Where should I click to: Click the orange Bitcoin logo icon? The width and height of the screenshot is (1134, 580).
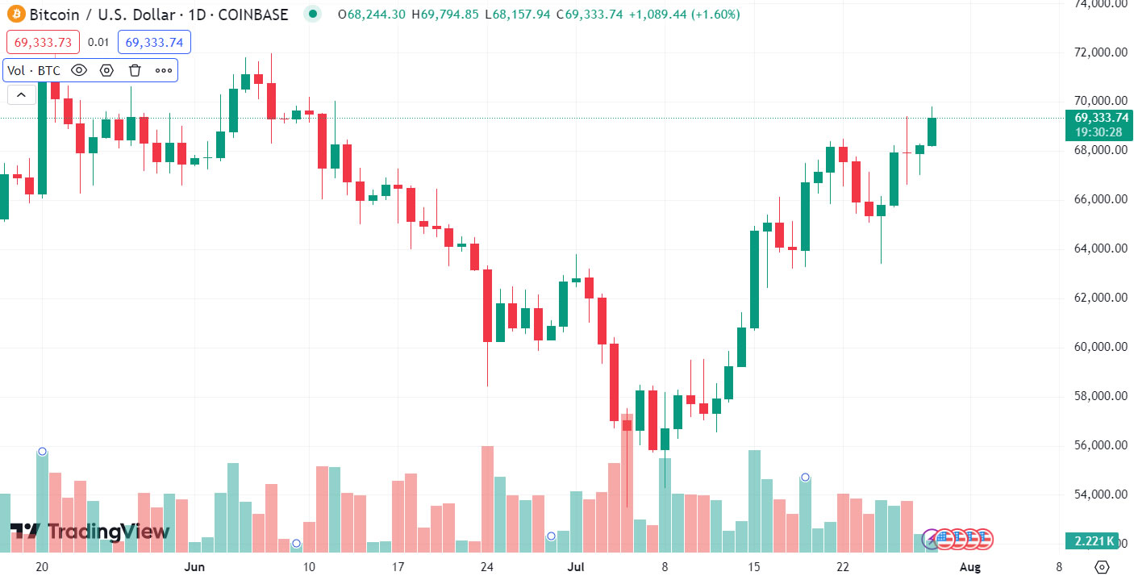pyautogui.click(x=15, y=15)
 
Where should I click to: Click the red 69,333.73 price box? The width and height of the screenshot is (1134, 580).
pyautogui.click(x=43, y=42)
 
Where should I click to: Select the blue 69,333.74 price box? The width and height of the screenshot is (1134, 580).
pyautogui.click(x=154, y=42)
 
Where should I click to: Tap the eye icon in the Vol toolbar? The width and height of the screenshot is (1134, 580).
pyautogui.click(x=78, y=70)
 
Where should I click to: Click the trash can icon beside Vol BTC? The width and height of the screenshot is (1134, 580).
pyautogui.click(x=135, y=70)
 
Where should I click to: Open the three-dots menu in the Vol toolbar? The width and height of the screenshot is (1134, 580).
pyautogui.click(x=164, y=70)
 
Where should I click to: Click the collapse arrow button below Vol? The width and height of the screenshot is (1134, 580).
pyautogui.click(x=21, y=95)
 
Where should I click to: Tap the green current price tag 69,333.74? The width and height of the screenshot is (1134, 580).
pyautogui.click(x=1101, y=118)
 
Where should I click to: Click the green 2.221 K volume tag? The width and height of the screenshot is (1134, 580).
pyautogui.click(x=1094, y=540)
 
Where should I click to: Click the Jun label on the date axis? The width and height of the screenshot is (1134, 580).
pyautogui.click(x=194, y=567)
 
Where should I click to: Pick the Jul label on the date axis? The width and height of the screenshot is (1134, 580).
pyautogui.click(x=574, y=567)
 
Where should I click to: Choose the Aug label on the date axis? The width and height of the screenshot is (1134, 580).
pyautogui.click(x=970, y=567)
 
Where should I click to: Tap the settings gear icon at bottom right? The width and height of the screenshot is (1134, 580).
pyautogui.click(x=1103, y=566)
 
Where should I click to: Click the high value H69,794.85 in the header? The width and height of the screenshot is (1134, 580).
pyautogui.click(x=444, y=15)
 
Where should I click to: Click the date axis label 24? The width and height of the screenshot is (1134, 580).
pyautogui.click(x=486, y=567)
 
